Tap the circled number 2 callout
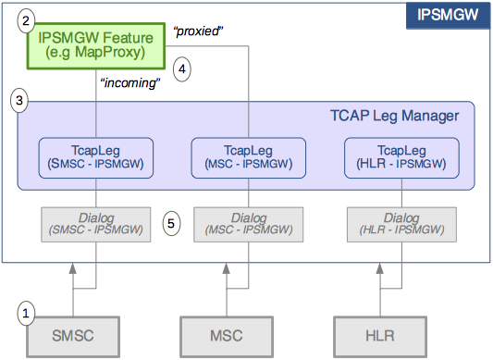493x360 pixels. tap(27, 19)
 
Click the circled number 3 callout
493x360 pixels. tap(18, 100)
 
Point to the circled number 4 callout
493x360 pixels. tap(182, 68)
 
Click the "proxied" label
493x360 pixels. tap(199, 32)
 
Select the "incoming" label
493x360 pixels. tap(129, 82)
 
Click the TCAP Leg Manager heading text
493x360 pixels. tap(393, 116)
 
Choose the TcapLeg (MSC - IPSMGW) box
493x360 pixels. tap(249, 156)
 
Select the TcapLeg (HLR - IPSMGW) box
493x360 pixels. tap(401, 156)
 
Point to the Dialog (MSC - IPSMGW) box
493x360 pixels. tap(249, 223)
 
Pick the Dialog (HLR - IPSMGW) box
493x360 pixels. tap(401, 223)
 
